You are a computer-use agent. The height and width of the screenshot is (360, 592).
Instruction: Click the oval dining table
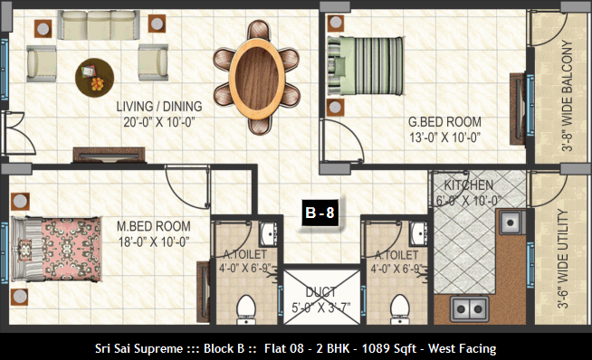coord(256,78)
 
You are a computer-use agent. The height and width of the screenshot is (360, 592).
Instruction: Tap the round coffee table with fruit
coord(94,78)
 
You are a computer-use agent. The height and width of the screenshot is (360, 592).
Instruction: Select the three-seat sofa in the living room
coord(99,25)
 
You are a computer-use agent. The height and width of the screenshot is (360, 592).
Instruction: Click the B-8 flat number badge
coord(320,213)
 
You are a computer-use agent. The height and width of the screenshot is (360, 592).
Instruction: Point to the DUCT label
coord(321,291)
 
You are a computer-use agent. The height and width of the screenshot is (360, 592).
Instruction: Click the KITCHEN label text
coord(469,185)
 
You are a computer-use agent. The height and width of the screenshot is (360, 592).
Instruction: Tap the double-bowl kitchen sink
coord(470,308)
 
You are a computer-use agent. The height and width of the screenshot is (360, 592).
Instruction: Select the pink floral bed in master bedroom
coord(56,249)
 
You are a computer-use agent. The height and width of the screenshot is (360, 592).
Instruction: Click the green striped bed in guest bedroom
coord(365,66)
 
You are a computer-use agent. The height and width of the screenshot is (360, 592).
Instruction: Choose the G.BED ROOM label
coord(444,122)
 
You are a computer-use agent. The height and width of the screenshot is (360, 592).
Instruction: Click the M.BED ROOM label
coord(154,226)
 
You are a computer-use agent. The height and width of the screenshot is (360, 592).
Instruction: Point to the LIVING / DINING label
coord(159,107)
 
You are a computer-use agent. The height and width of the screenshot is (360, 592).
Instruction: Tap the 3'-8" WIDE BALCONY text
coord(567,96)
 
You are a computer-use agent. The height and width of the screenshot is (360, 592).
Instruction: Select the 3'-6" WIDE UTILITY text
coord(562,260)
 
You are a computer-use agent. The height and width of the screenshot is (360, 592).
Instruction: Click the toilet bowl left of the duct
coord(246,309)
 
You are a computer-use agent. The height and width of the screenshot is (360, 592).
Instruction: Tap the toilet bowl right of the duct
coord(400,309)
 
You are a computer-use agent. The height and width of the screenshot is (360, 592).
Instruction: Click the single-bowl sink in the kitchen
coord(511,223)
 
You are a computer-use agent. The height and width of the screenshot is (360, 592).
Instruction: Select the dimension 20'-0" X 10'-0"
coord(159,122)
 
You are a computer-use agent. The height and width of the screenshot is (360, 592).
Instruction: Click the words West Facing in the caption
coord(463,348)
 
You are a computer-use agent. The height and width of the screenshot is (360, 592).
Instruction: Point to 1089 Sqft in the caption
coord(389,348)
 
